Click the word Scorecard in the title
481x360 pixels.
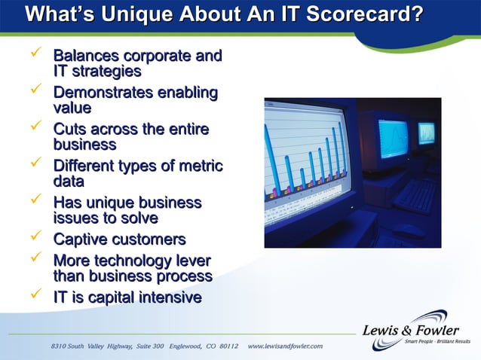367,15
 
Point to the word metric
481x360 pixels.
198,166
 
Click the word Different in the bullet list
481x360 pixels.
85,166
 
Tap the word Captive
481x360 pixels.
80,240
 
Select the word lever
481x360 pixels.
191,261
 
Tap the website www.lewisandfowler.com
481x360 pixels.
285,346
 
